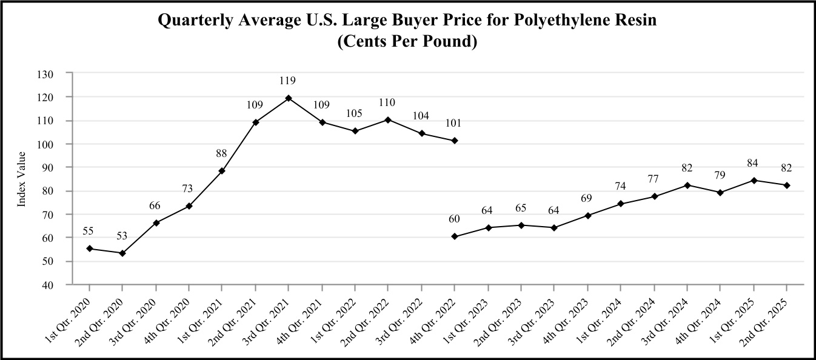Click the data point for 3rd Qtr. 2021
pyautogui.click(x=289, y=98)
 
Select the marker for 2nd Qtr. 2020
pyautogui.click(x=122, y=253)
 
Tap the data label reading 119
pyautogui.click(x=289, y=80)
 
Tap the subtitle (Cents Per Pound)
pyautogui.click(x=407, y=42)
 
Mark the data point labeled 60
pyautogui.click(x=455, y=236)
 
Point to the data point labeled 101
pyautogui.click(x=455, y=141)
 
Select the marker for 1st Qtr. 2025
pyautogui.click(x=754, y=180)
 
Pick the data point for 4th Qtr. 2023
pyautogui.click(x=587, y=215)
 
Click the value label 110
pyautogui.click(x=388, y=102)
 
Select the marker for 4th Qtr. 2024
pyautogui.click(x=721, y=193)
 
